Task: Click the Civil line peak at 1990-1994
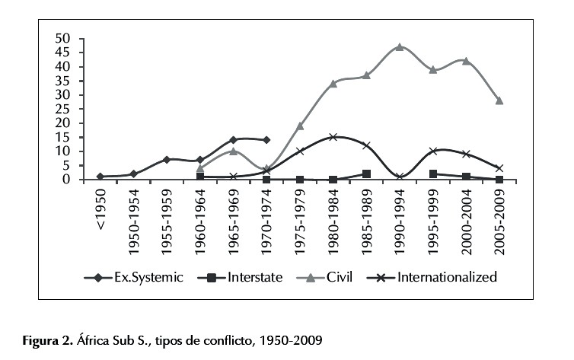(399, 47)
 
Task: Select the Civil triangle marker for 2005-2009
(499, 100)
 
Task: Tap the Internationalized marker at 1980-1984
(333, 137)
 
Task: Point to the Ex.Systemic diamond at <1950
(100, 177)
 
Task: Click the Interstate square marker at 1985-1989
(366, 174)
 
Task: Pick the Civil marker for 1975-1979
(300, 126)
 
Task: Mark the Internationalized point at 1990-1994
(399, 177)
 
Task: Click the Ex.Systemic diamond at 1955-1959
(167, 160)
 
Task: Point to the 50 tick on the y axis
(63, 39)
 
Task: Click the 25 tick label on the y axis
(63, 109)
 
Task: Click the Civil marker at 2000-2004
(466, 61)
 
